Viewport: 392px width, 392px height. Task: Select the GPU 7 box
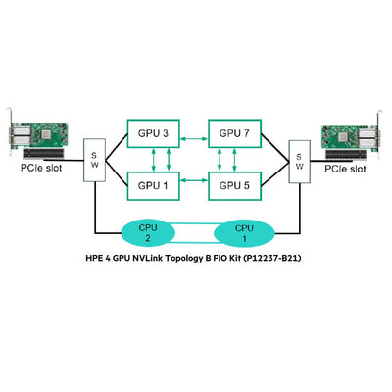pos(236,132)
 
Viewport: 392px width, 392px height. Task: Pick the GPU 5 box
pos(236,183)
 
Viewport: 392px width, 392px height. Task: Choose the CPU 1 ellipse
pos(243,231)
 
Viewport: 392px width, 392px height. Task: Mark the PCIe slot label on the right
pos(347,169)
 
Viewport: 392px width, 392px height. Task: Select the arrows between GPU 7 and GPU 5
pos(235,158)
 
